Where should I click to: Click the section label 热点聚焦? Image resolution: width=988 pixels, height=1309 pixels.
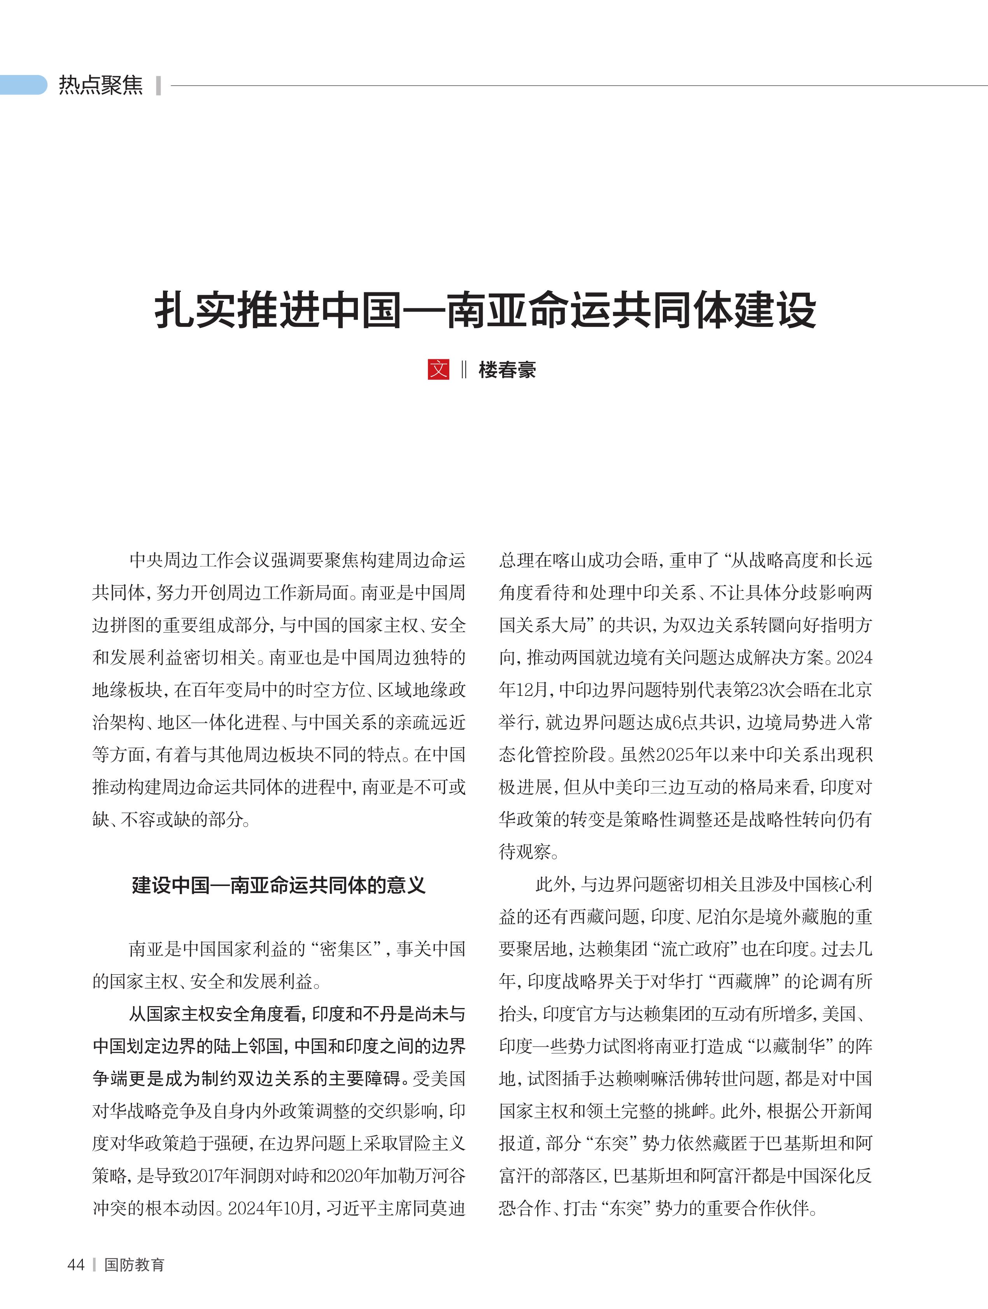pos(101,85)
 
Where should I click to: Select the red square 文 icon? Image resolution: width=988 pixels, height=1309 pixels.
pos(438,369)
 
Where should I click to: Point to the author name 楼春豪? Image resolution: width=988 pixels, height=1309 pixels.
pos(507,370)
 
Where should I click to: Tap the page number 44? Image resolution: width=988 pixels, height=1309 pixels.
pos(76,1265)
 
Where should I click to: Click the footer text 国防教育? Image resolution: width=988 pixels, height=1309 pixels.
pos(134,1265)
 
